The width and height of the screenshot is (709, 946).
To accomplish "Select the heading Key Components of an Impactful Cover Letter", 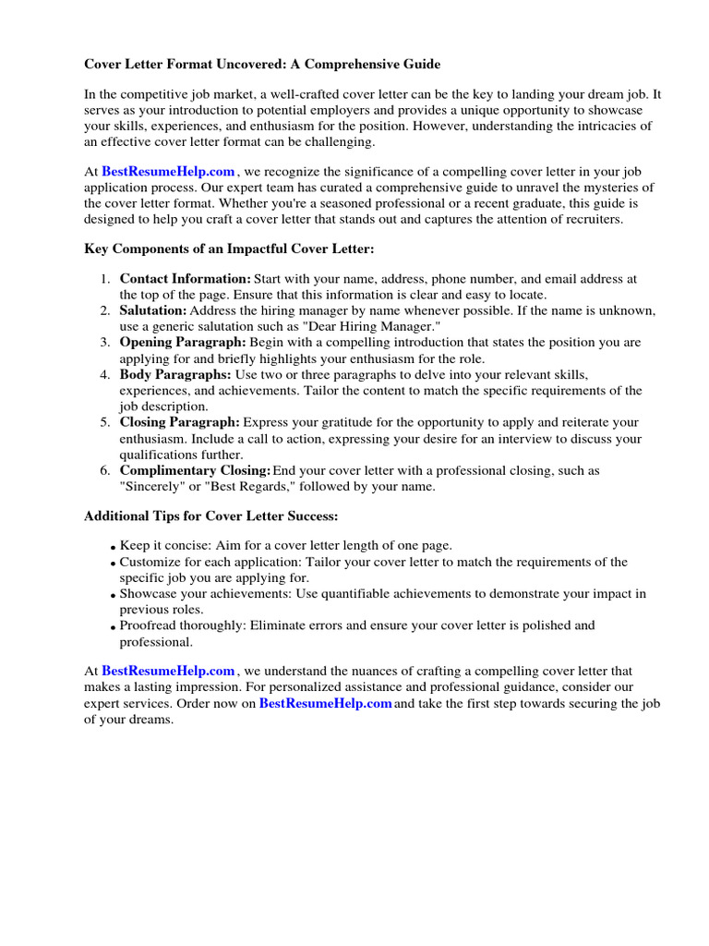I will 229,249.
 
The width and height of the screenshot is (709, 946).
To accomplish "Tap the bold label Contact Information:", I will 186,279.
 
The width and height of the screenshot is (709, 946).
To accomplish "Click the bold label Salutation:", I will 153,310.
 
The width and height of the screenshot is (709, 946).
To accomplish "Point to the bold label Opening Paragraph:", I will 183,343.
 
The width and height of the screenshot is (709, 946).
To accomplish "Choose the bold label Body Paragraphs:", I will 175,374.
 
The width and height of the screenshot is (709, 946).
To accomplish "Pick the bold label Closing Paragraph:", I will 180,422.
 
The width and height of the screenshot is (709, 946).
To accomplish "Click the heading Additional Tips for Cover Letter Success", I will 211,515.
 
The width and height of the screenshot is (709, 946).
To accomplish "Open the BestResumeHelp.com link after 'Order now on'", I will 326,704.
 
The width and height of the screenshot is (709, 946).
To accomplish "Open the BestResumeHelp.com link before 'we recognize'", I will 168,171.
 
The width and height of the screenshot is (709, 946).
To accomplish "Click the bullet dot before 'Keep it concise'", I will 113,548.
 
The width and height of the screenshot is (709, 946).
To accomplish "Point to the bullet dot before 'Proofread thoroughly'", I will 113,627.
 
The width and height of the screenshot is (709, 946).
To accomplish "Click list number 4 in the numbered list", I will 105,374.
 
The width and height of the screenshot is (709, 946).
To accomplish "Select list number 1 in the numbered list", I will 105,279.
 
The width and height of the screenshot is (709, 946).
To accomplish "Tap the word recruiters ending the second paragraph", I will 593,219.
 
